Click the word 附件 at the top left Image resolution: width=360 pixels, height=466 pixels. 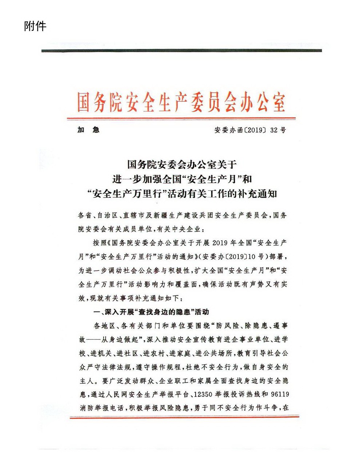coord(35,26)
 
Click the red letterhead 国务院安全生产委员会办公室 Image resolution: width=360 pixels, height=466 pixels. coord(181,102)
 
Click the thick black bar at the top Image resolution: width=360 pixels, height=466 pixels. coord(181,50)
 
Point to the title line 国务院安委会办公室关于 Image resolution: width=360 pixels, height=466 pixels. coord(182,164)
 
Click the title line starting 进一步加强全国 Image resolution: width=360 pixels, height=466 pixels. coord(182,179)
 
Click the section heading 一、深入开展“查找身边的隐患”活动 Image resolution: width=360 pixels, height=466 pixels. coord(151,312)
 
